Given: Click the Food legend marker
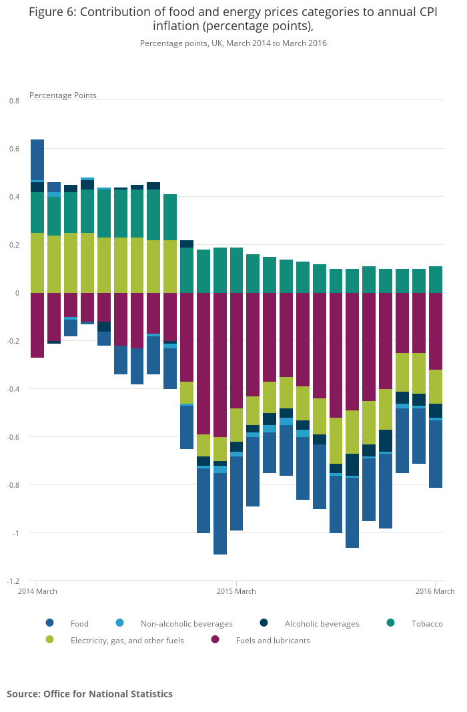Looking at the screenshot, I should [50, 623].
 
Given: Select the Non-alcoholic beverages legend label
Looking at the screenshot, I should [186, 624].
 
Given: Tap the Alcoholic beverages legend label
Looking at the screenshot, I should [322, 624].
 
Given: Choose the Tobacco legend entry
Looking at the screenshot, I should [426, 624].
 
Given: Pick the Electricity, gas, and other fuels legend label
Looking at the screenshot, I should [127, 641].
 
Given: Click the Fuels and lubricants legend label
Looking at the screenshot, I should [273, 641].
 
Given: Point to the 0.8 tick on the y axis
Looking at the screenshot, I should [14, 101].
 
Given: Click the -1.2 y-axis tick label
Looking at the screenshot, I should [13, 581].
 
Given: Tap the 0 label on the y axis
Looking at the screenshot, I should [17, 293].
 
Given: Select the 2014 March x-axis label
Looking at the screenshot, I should [37, 591].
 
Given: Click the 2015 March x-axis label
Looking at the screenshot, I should [236, 591].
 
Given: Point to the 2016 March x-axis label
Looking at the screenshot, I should [435, 591].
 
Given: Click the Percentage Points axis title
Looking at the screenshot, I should [63, 95].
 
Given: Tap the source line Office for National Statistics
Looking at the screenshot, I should [89, 694].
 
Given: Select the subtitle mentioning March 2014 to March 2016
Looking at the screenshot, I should [233, 43].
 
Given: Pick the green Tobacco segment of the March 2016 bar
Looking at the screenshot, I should [436, 280].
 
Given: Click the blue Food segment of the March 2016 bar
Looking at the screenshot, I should [436, 454].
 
